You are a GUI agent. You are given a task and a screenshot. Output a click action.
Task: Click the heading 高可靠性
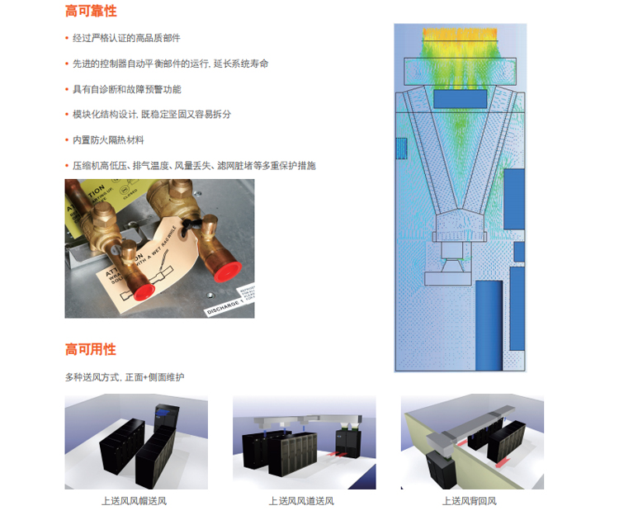click(x=91, y=12)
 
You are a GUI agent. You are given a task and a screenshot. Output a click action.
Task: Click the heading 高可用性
click(x=91, y=349)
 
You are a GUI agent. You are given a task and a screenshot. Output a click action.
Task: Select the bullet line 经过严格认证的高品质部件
click(x=125, y=38)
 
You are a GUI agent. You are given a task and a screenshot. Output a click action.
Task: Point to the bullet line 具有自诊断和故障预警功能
click(x=125, y=89)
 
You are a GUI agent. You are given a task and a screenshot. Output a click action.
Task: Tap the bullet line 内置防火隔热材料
click(x=107, y=140)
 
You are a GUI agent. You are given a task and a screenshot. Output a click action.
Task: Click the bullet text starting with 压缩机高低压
click(x=193, y=166)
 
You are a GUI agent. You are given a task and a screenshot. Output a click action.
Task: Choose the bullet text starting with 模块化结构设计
click(x=152, y=115)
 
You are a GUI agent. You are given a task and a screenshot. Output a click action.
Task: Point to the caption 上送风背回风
click(x=470, y=501)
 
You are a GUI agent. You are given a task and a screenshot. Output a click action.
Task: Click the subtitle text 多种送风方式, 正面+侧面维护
click(x=125, y=377)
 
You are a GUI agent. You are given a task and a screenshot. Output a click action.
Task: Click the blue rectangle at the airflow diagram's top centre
click(x=460, y=98)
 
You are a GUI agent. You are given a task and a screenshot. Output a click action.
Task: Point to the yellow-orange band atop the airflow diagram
click(x=461, y=36)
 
